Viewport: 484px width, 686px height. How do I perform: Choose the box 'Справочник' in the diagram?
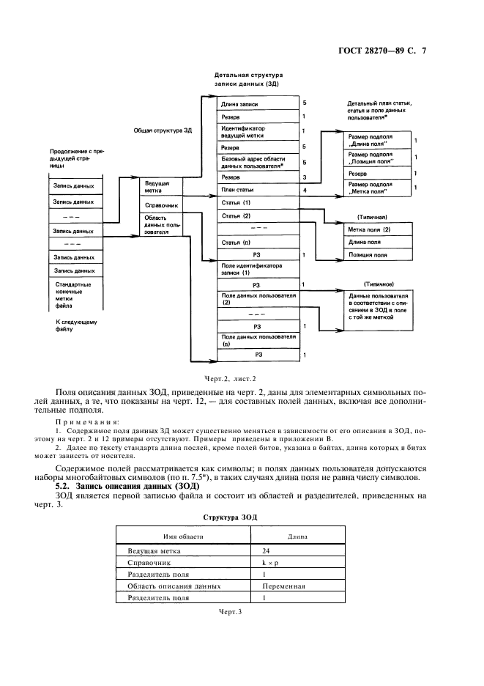click(x=159, y=206)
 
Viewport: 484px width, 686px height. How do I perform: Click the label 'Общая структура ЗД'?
click(x=162, y=130)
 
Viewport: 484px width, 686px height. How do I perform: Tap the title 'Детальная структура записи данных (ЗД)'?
click(x=248, y=79)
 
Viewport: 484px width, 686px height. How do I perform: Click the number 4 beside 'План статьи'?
click(x=304, y=190)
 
